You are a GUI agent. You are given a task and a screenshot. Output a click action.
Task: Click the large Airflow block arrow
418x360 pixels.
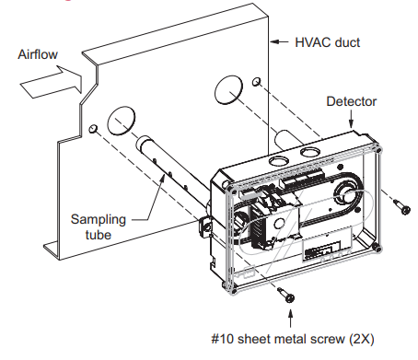(x=52, y=82)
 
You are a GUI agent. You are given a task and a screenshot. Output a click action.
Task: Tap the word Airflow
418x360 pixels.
(x=38, y=54)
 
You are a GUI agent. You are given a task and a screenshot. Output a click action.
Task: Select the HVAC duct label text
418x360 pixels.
(x=328, y=42)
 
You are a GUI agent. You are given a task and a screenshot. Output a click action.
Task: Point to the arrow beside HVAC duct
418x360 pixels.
(x=279, y=41)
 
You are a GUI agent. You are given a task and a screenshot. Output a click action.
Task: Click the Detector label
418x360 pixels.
(x=352, y=101)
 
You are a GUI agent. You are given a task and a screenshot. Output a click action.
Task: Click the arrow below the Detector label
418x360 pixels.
(x=352, y=119)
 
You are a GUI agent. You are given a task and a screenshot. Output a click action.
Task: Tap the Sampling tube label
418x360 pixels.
(x=99, y=227)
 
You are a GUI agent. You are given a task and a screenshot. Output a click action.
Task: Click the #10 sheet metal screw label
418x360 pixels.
(x=293, y=339)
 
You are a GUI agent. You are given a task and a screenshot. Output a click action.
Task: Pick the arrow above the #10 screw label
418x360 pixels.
(x=290, y=318)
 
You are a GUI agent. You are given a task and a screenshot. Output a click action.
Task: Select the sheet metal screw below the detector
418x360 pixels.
(x=285, y=295)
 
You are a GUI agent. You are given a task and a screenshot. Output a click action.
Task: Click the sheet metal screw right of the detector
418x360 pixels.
(x=401, y=206)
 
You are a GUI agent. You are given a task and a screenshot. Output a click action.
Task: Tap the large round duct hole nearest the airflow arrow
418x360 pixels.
(x=122, y=121)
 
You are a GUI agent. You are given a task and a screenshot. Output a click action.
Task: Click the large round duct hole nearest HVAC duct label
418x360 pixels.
(x=228, y=90)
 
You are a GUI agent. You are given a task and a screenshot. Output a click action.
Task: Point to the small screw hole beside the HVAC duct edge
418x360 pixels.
(x=257, y=82)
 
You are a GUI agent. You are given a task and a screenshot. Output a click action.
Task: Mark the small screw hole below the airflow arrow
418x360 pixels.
(x=93, y=129)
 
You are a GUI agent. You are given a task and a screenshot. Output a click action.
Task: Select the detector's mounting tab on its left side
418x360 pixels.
(x=204, y=226)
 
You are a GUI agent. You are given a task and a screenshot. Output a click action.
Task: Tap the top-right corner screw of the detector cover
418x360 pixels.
(x=379, y=150)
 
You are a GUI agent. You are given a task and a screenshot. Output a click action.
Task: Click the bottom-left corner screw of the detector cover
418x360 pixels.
(x=234, y=290)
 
